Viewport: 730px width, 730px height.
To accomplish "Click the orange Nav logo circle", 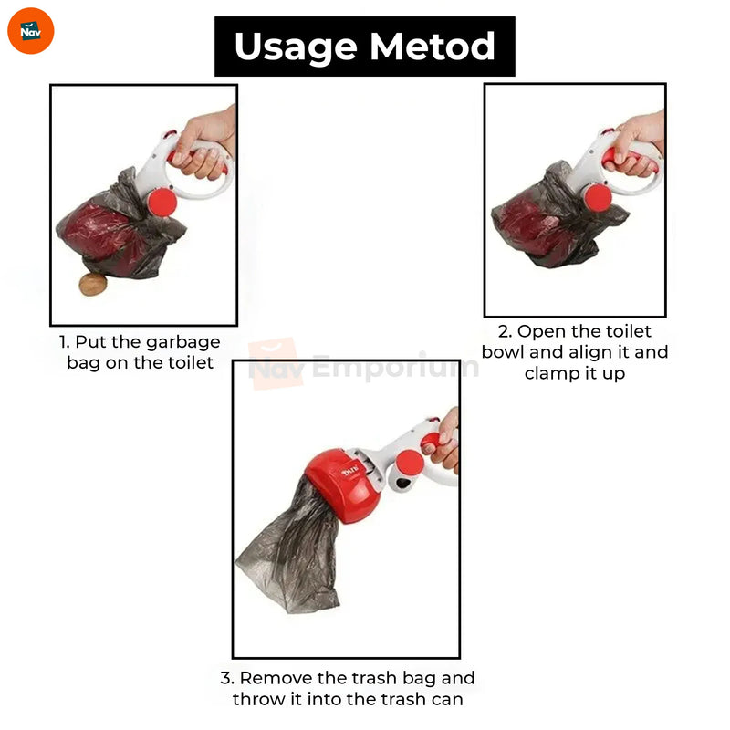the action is coord(31,31).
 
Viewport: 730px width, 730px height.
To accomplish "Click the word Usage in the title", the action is coord(296,47).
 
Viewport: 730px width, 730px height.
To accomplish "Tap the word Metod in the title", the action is coord(432,47).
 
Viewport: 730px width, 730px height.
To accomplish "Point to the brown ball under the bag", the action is coord(93,285).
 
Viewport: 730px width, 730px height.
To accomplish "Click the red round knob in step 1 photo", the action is coord(162,202).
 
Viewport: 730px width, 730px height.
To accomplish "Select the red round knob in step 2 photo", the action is coord(598,198).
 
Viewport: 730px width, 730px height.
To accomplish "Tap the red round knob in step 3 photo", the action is coord(410,464).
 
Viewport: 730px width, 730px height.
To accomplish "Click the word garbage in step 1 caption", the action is coord(183,343).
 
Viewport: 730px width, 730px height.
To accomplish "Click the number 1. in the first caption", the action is coord(64,342).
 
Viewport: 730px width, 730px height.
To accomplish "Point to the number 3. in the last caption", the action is coord(227,678).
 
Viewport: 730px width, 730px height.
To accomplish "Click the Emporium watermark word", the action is coord(395,367).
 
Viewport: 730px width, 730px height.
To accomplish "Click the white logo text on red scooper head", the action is coord(350,471).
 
